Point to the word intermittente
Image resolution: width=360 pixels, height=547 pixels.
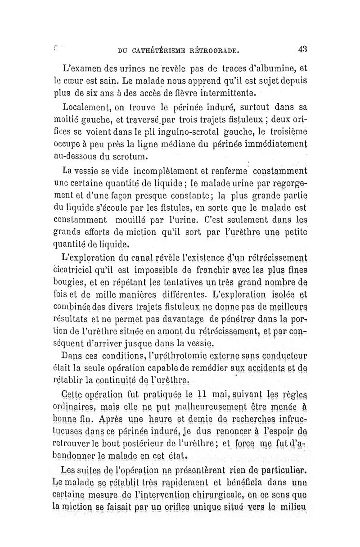click(216, 94)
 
